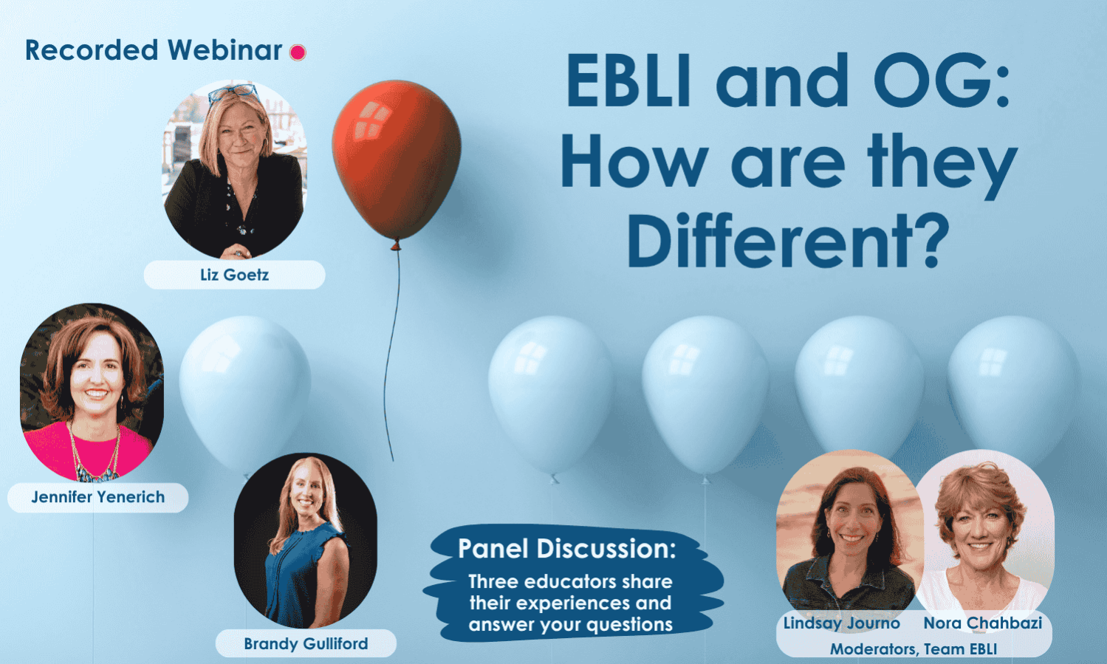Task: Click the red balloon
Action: coord(397,159)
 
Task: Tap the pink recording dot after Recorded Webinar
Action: coord(298,52)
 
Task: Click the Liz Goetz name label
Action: coord(234,275)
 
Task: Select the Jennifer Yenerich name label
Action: coord(97,497)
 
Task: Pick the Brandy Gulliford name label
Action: coord(306,643)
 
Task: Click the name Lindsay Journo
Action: coord(841,623)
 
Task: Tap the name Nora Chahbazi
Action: coord(982,623)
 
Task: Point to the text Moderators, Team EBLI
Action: coord(913,648)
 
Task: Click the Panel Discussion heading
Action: coord(566,549)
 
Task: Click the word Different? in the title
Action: coord(787,242)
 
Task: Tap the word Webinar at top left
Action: coord(225,50)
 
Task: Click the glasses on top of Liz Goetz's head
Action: coord(233,93)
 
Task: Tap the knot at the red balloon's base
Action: coord(396,244)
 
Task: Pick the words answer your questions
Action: coord(570,624)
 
